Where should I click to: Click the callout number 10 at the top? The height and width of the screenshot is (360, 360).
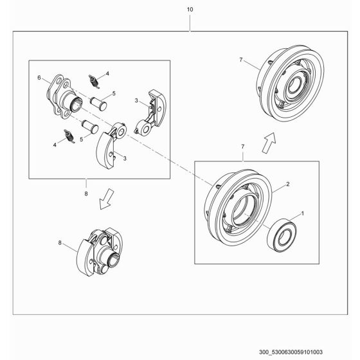tap(189, 10)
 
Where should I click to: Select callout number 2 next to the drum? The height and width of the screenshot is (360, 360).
tap(287, 184)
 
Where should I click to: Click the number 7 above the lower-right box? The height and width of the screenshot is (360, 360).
tap(242, 147)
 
